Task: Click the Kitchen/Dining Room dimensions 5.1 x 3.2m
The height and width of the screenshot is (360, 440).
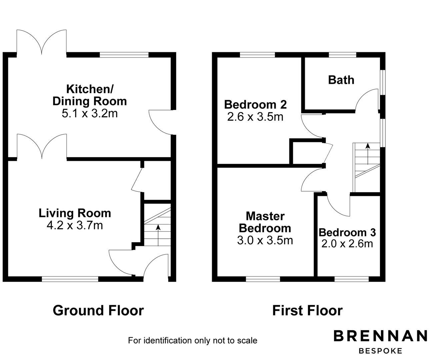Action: click(x=90, y=114)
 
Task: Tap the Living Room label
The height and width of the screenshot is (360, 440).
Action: click(x=75, y=213)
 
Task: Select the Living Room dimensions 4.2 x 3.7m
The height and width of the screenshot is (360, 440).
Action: click(x=75, y=226)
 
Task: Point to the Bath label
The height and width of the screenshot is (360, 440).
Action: click(x=341, y=80)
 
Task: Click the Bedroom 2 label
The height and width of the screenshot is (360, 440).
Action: click(x=255, y=105)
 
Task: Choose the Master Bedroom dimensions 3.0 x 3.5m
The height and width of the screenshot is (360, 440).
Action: click(x=265, y=240)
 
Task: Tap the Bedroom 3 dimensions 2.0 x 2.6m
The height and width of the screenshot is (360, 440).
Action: click(x=347, y=244)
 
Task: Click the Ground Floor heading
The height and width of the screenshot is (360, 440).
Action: click(x=98, y=310)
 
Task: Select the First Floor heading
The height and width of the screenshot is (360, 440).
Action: click(x=307, y=310)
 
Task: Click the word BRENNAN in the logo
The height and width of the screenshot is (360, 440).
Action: click(x=380, y=336)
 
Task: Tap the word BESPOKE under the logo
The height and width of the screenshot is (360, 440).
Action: click(x=380, y=351)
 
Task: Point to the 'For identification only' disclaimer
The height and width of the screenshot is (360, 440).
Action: click(x=192, y=340)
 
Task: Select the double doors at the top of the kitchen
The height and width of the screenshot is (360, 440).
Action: click(x=42, y=42)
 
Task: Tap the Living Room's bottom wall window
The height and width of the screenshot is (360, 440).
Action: click(x=70, y=279)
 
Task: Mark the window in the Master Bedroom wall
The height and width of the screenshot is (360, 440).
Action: click(x=263, y=279)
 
